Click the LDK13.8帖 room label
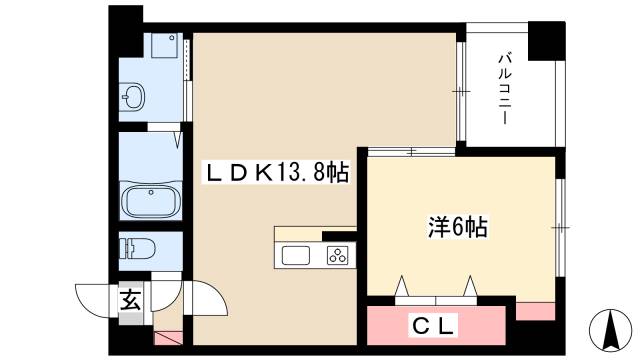click(x=276, y=172)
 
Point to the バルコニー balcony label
click(x=505, y=88)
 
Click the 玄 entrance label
click(x=130, y=298)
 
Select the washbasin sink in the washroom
click(x=133, y=98)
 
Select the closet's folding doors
click(x=436, y=290)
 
